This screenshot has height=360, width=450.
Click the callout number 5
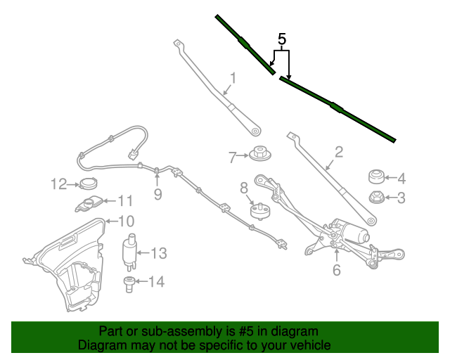tap(282, 39)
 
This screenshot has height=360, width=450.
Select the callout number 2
tap(338, 152)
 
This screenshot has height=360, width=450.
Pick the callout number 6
tap(337, 269)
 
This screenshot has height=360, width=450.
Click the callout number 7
tap(233, 157)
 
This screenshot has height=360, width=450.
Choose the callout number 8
tap(244, 188)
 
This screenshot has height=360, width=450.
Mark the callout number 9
tap(157, 194)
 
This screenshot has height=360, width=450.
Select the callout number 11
tap(124, 200)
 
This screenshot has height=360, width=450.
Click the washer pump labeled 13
tap(130, 251)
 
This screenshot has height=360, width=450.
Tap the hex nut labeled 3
tap(375, 198)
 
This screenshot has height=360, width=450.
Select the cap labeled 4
tap(375, 176)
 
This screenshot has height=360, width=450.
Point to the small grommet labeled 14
tap(129, 283)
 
